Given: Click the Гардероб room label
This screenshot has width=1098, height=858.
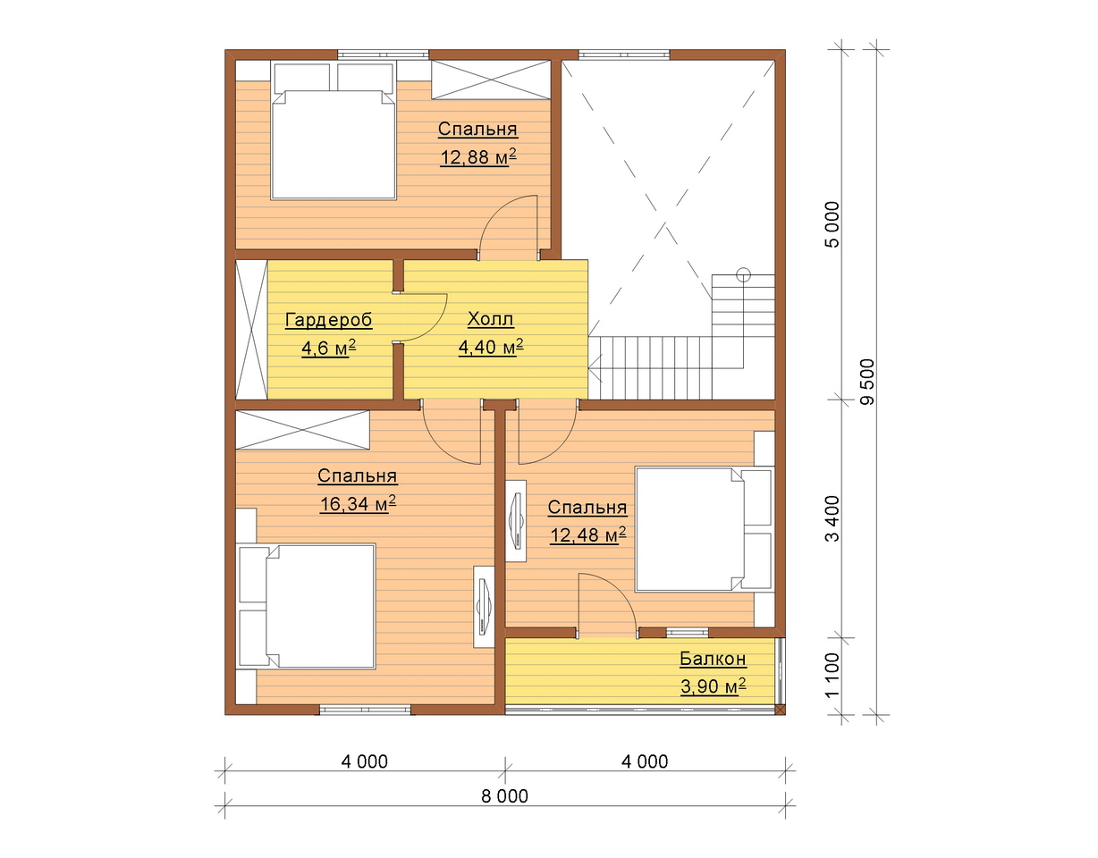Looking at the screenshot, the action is [x=328, y=320].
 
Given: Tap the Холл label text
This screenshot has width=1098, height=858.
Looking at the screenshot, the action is [x=490, y=319].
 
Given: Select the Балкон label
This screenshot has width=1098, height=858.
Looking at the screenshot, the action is [x=713, y=659].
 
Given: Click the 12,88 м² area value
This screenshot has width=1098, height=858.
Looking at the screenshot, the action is [x=478, y=157].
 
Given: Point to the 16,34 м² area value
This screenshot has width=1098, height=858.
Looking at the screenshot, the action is [x=358, y=503].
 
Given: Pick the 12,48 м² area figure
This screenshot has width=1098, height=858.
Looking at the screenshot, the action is [x=587, y=534].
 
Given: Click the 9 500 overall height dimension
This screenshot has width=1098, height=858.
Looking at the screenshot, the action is [x=867, y=382].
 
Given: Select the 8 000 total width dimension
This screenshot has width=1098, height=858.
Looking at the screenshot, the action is [x=504, y=797].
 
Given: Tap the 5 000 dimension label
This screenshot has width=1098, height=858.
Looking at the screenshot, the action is [x=832, y=224].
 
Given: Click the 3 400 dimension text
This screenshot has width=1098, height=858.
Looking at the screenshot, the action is [x=832, y=518].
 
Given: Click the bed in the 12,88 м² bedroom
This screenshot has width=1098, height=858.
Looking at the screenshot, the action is [x=334, y=130].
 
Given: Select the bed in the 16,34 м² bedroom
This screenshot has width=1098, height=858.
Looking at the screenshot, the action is [x=307, y=607].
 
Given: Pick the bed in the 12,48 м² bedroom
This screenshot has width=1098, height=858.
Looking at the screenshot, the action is [x=705, y=529].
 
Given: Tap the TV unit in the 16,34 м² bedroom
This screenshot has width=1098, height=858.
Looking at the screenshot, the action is [x=484, y=607].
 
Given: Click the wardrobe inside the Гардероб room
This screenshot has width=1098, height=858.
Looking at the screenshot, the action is [x=251, y=330].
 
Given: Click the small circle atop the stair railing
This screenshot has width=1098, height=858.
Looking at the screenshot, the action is [x=743, y=274].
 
